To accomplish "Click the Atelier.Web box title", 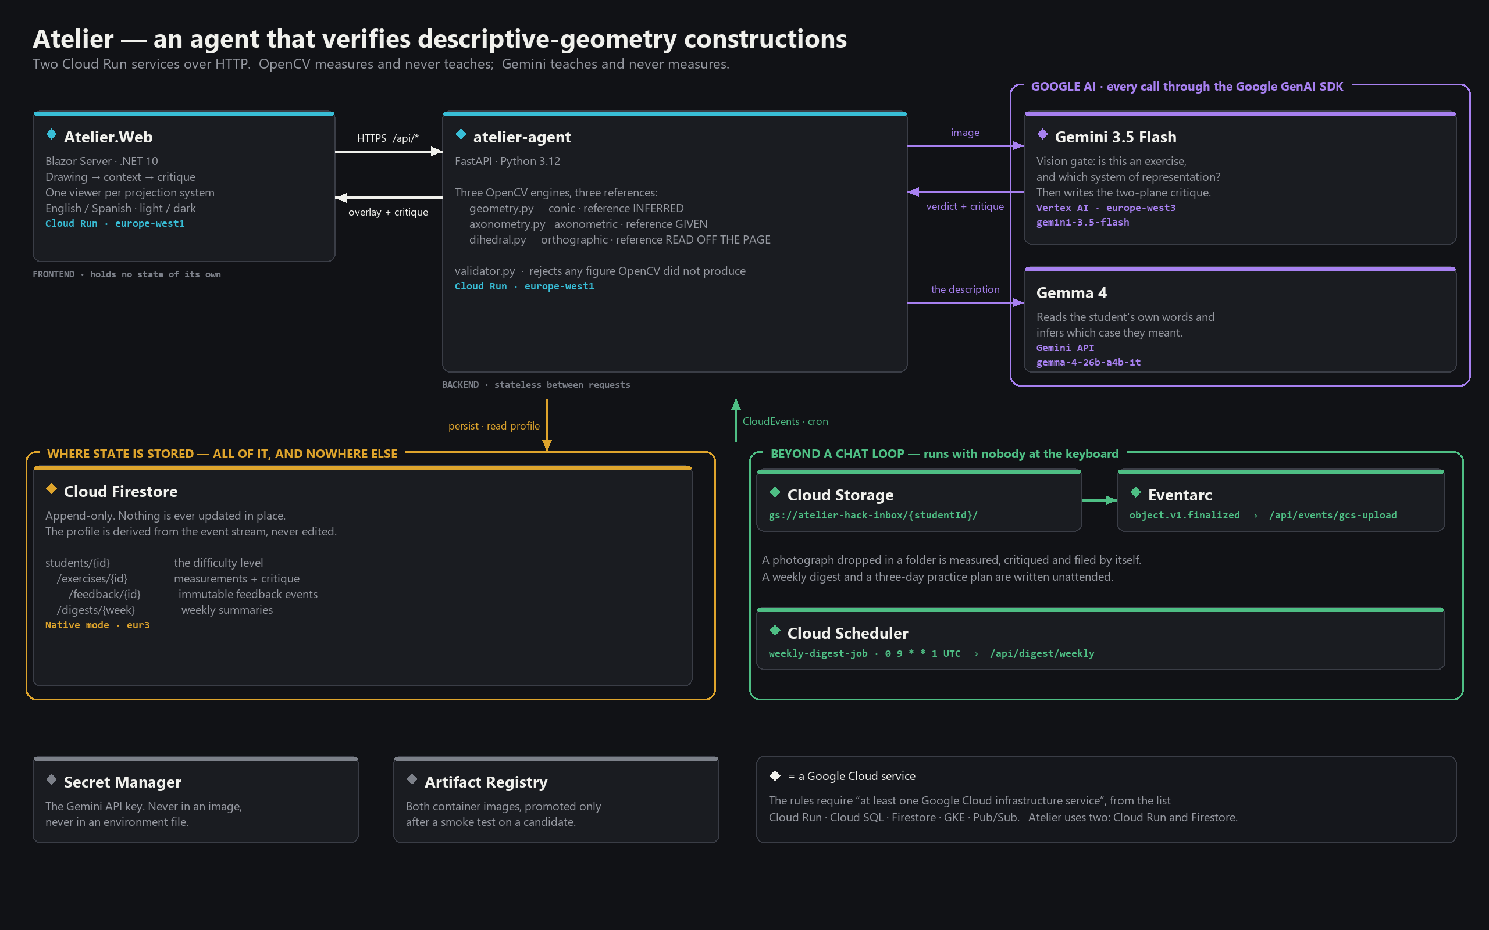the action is [x=108, y=137].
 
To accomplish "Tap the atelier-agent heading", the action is [x=522, y=137].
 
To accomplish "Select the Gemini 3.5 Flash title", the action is [x=1116, y=137].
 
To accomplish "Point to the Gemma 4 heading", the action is [x=1071, y=293].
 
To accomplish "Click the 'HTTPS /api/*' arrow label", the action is [x=387, y=138].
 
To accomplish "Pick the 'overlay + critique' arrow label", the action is [x=389, y=212].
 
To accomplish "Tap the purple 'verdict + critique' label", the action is [x=965, y=207].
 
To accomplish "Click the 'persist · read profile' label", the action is [x=494, y=426].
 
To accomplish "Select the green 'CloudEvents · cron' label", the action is [x=785, y=421].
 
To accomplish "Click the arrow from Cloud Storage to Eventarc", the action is [x=1099, y=500].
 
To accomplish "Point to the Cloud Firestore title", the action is [x=120, y=492].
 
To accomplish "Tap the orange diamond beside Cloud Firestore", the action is [x=52, y=488].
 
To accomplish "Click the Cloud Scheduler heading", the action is [x=847, y=634].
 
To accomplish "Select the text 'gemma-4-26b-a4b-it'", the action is [x=1088, y=363].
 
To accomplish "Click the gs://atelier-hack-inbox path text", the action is [x=873, y=516].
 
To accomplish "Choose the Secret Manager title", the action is [x=123, y=782].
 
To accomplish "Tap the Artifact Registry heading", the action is [x=486, y=782].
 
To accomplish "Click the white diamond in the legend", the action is [x=775, y=775].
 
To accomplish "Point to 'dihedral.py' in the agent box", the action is [x=498, y=240].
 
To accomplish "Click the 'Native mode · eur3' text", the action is [x=97, y=625].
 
